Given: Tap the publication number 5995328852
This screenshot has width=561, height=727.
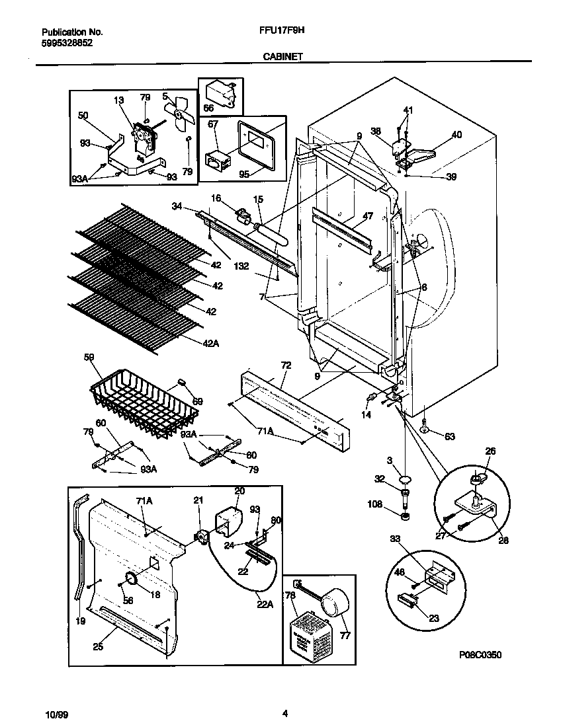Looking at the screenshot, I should (x=67, y=42).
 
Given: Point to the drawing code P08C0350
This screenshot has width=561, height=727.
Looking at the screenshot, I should (x=480, y=654).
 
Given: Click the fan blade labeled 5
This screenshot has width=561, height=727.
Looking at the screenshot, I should (x=179, y=113).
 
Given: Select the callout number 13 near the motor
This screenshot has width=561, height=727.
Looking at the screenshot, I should (x=119, y=100).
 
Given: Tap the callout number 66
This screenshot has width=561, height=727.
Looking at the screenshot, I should (x=209, y=108).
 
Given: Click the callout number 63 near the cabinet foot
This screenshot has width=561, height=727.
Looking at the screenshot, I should (x=451, y=436).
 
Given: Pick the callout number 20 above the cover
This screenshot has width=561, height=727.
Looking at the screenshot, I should (x=239, y=491).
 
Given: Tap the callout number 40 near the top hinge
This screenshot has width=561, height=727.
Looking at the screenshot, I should (x=456, y=135).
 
